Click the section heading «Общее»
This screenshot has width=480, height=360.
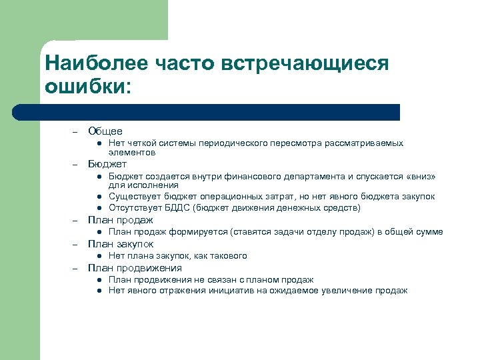pyautogui.click(x=105, y=131)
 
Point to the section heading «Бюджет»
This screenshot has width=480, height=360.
pyautogui.click(x=107, y=164)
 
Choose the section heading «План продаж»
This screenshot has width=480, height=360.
pyautogui.click(x=121, y=220)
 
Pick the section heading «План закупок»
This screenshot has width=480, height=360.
pyautogui.click(x=121, y=244)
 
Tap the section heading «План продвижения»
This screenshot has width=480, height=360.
pyautogui.click(x=135, y=268)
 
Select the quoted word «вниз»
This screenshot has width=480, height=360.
pyautogui.click(x=420, y=177)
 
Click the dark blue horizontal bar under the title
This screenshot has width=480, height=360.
pyautogui.click(x=220, y=111)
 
